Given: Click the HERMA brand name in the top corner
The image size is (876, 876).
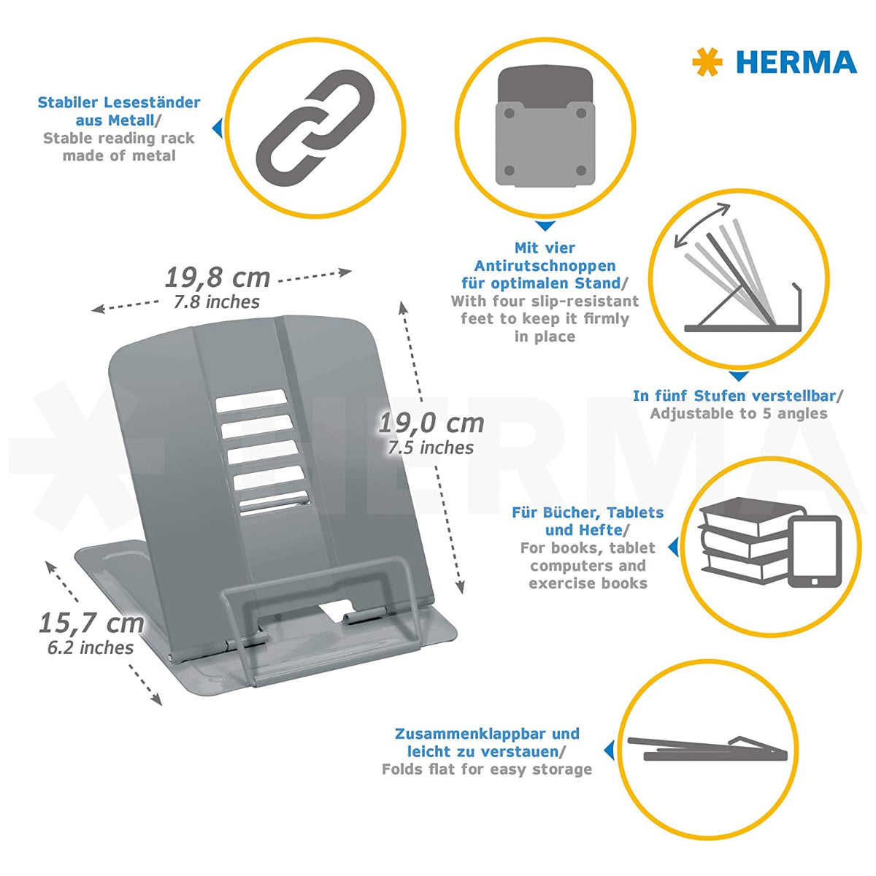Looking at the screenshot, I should (796, 62).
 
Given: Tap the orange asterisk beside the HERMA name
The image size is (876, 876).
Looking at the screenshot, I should (707, 62).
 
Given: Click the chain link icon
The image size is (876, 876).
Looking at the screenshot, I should (315, 130).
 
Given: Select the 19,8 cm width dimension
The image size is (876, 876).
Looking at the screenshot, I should (218, 277).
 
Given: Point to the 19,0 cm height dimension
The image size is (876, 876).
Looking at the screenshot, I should (431, 423).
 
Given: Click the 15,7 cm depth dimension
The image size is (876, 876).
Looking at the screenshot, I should (91, 623).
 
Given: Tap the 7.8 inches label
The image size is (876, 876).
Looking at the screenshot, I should (217, 301).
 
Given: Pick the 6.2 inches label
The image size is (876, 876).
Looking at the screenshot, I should (91, 648).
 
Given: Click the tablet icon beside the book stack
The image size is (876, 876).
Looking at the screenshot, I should (814, 551).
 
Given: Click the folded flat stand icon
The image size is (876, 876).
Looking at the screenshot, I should (707, 748).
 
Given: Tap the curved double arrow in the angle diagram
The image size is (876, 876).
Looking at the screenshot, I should (702, 225).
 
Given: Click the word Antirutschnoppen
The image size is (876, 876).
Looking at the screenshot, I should (545, 266).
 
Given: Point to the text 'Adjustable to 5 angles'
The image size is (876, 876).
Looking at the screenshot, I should (739, 414).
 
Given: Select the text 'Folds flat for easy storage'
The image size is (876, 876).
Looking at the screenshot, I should (486, 769).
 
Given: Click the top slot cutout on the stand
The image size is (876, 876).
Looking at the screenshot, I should (250, 398).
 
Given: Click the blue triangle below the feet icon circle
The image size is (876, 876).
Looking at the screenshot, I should (545, 226).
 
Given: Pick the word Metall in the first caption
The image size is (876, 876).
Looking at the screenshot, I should (131, 120).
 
